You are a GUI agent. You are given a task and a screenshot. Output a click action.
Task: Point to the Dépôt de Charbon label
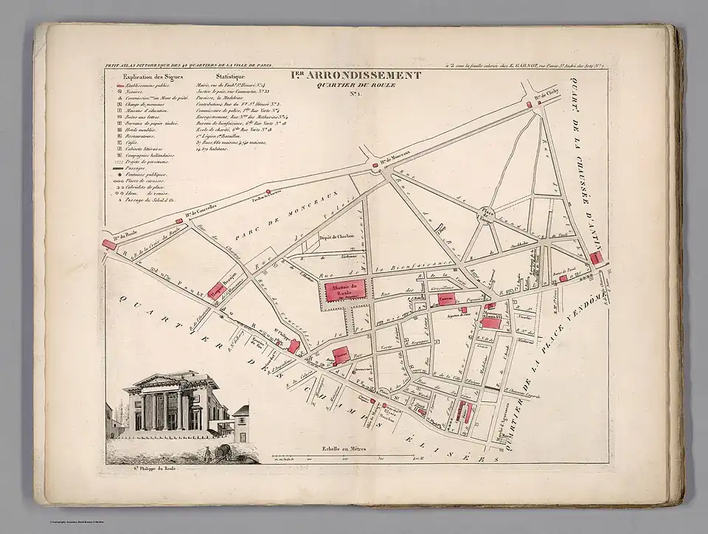(x=338, y=236)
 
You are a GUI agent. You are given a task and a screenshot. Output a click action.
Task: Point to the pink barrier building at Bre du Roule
(x=109, y=244)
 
